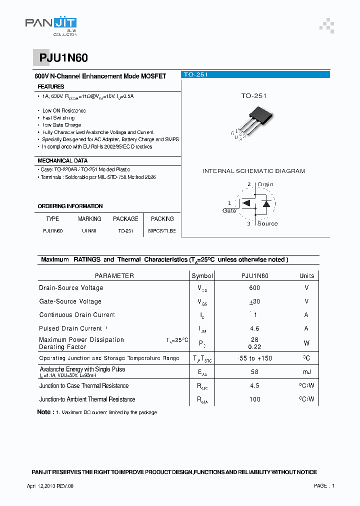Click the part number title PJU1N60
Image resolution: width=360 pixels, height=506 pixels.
click(63, 58)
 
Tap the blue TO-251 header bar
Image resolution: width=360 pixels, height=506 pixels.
click(255, 74)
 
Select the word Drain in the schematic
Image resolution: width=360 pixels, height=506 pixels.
click(265, 184)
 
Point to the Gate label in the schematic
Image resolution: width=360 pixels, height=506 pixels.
click(229, 210)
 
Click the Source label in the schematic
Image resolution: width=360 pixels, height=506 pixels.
click(267, 223)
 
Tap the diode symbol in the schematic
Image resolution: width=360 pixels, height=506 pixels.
click(266, 203)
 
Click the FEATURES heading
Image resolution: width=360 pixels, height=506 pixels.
click(51, 87)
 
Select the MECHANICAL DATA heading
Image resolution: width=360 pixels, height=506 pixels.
click(62, 161)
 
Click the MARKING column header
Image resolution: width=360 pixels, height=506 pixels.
click(89, 219)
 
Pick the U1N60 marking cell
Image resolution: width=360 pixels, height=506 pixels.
click(89, 231)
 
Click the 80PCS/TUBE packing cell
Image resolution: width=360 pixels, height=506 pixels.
click(162, 231)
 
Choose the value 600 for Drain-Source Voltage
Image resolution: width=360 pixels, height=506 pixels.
click(254, 288)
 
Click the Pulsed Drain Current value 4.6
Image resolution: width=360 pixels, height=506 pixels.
click(254, 328)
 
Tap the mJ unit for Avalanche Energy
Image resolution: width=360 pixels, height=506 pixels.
click(306, 372)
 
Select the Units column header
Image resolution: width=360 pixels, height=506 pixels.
click(306, 276)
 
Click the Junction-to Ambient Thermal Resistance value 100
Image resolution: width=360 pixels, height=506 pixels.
click(254, 399)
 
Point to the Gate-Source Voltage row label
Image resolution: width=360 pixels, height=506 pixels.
click(70, 301)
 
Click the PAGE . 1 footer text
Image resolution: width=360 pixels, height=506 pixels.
click(324, 486)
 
